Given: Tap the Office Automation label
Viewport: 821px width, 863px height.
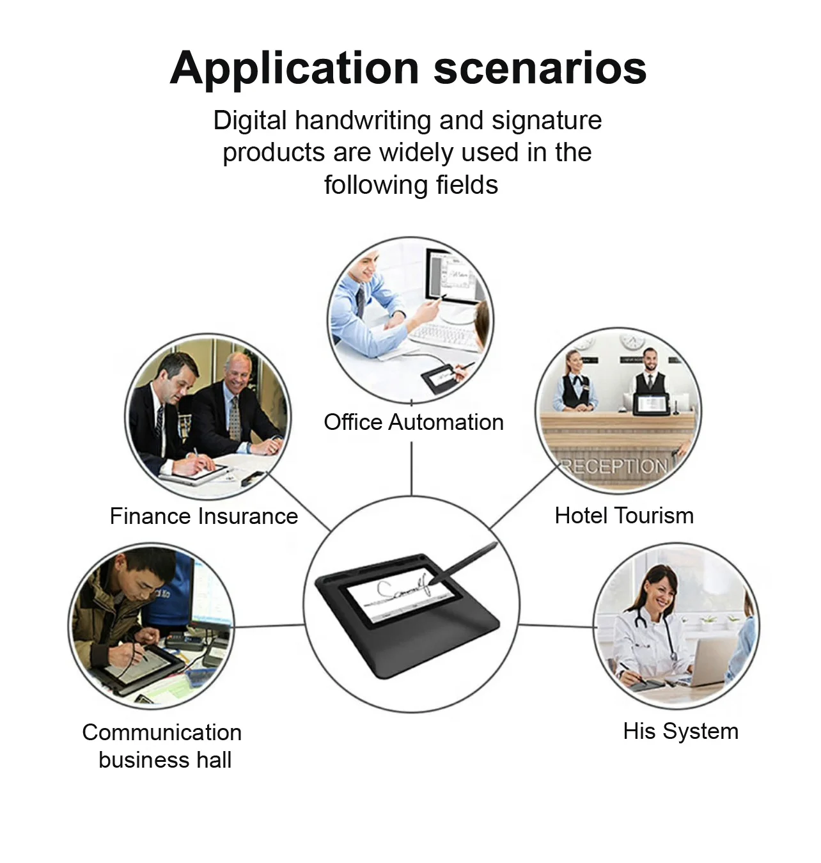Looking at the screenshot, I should tap(413, 422).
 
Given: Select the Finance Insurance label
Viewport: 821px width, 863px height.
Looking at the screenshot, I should tap(203, 516).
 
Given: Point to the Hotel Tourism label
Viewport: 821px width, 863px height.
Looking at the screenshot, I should tap(623, 516).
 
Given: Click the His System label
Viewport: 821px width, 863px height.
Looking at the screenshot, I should tap(680, 731).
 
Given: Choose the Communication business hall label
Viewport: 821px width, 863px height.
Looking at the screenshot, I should tap(162, 746).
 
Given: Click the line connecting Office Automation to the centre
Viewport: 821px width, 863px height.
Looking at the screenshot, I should tap(411, 467).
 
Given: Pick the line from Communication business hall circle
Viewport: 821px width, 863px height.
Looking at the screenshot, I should tap(269, 626).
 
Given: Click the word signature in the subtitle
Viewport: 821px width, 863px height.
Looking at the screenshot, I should tap(546, 121).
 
